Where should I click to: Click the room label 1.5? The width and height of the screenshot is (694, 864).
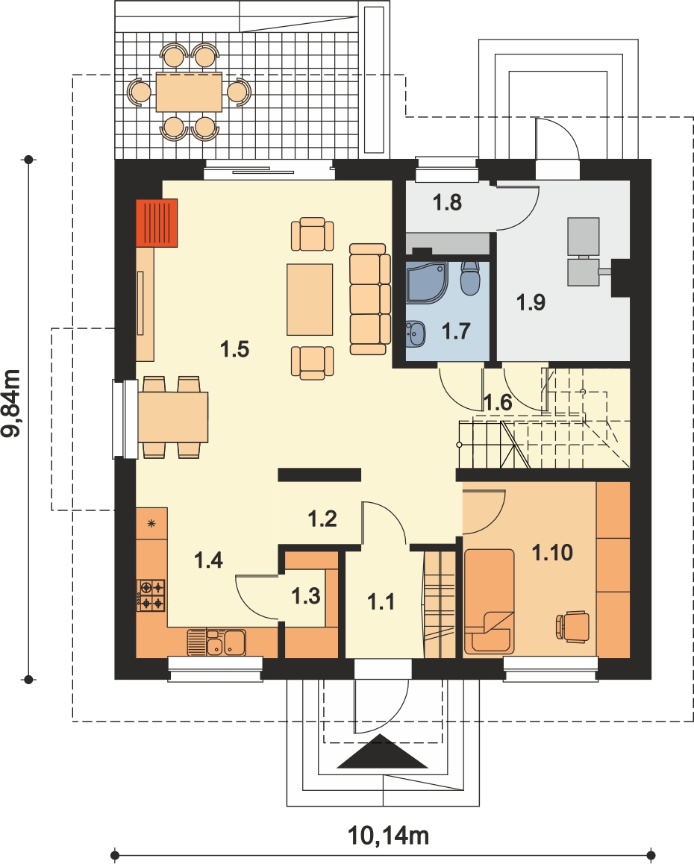pos(235,348)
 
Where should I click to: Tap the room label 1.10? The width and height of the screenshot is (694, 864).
pos(552,552)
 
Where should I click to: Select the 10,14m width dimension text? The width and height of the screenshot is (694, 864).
pos(389,836)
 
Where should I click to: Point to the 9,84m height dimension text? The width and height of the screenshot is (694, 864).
pos(12,403)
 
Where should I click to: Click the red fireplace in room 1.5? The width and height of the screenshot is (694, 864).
pos(157,222)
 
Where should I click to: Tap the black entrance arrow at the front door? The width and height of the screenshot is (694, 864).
pos(383,751)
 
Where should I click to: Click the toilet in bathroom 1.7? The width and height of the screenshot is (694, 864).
pos(470,278)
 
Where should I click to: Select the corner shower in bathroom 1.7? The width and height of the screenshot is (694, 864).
pos(425,282)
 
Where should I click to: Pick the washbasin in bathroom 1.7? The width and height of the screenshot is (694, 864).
pos(416,334)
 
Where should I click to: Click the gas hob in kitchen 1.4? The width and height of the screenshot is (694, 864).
pos(151,595)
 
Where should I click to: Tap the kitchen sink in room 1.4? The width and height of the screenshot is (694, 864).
pos(216,642)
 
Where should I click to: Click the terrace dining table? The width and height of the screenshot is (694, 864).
pos(189,92)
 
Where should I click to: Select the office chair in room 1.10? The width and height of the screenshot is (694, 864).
pos(573,627)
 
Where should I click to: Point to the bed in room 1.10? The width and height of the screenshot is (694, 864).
pos(490,601)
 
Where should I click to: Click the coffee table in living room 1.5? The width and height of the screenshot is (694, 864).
pos(310,299)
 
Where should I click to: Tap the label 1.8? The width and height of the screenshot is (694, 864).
pos(447,203)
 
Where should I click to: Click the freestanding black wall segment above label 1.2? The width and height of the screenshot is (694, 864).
pos(319,475)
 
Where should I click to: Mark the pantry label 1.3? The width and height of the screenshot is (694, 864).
pos(306,595)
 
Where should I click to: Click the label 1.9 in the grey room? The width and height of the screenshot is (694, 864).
pos(531,302)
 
